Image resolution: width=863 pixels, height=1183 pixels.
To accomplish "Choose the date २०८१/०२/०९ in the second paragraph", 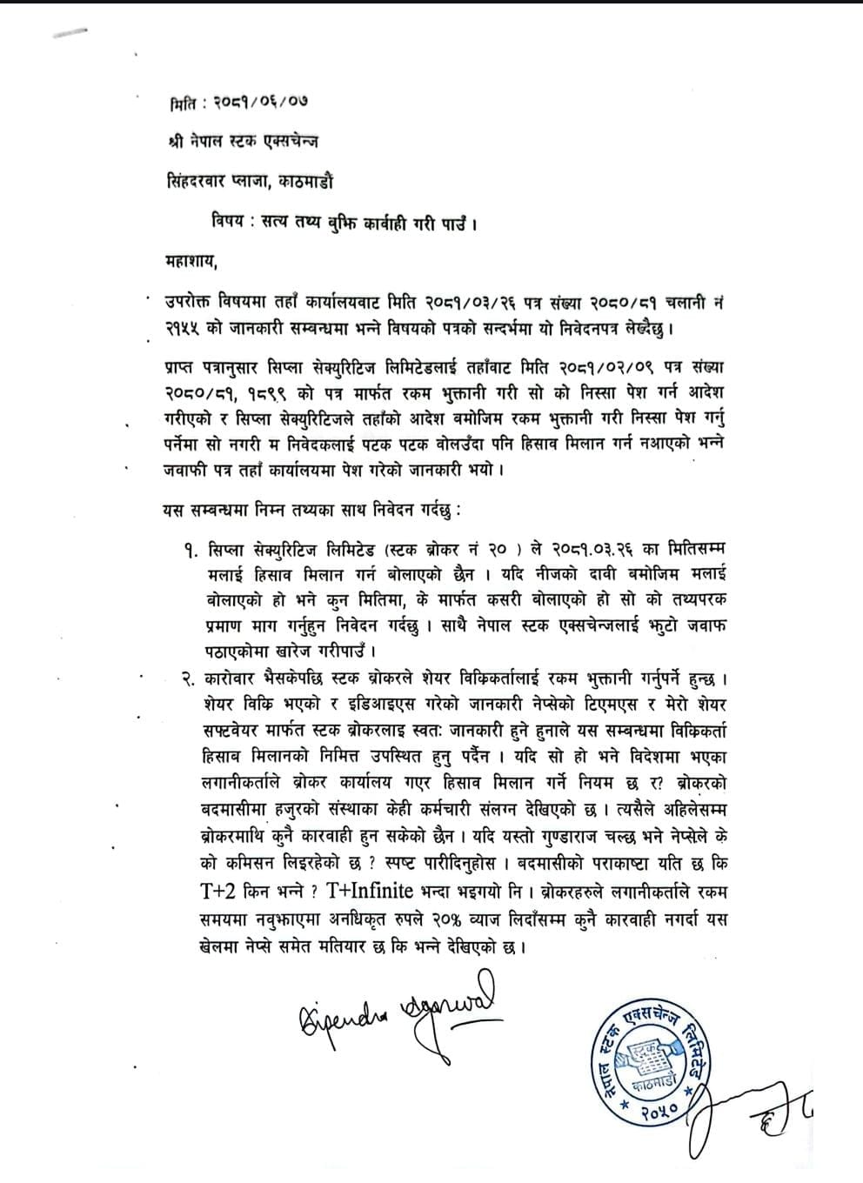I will click(x=612, y=361).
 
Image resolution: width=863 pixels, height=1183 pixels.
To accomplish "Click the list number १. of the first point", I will click(x=191, y=550).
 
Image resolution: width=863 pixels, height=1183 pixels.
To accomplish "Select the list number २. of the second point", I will click(x=191, y=676).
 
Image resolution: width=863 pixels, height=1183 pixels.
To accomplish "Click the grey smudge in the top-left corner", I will click(x=70, y=33).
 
